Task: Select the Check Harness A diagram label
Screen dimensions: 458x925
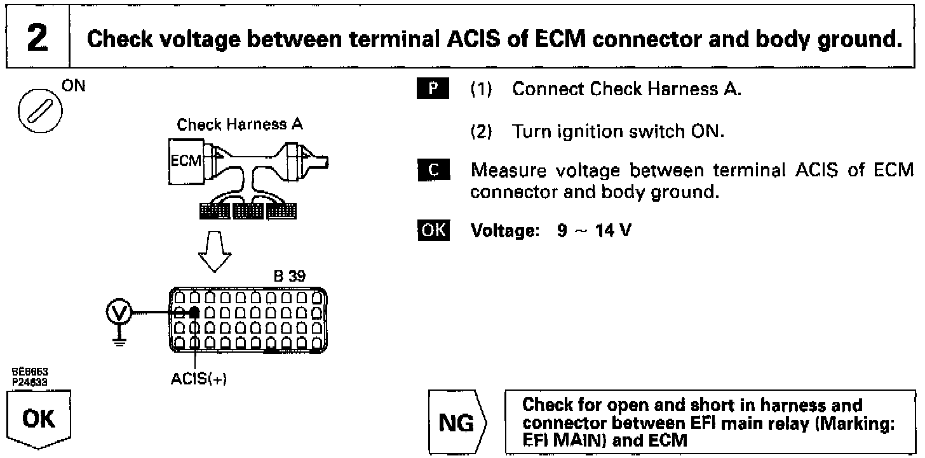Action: click(240, 125)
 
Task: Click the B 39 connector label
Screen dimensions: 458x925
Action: click(289, 277)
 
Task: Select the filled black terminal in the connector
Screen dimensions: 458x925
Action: click(195, 312)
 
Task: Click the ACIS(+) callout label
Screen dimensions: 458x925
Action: click(199, 379)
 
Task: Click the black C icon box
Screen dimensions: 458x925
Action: click(435, 171)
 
